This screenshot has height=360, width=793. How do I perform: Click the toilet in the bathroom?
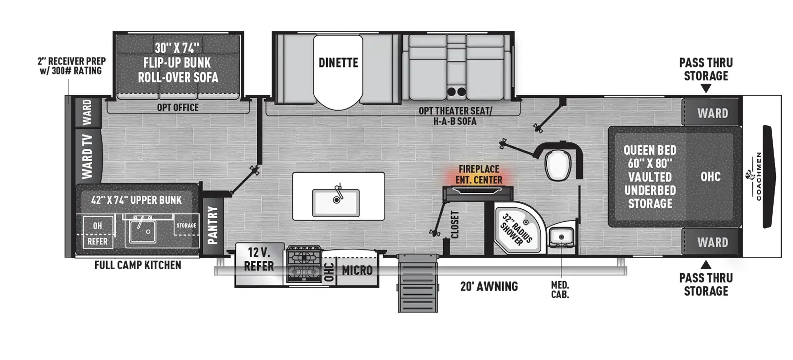(558, 165)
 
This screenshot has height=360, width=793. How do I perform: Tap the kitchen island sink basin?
(336, 203)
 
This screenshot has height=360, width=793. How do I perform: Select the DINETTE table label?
(338, 62)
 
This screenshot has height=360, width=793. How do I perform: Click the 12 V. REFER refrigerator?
(260, 264)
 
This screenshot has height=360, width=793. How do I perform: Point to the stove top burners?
(304, 264)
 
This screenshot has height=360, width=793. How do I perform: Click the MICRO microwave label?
(357, 270)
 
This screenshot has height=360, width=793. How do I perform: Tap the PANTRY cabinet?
(213, 226)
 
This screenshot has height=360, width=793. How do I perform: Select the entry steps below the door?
(418, 283)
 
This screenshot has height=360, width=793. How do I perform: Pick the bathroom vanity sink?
(561, 237)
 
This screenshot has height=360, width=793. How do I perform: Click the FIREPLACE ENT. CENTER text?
(479, 175)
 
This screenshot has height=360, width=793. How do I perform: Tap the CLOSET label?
(455, 224)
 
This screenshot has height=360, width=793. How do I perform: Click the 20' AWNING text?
(489, 286)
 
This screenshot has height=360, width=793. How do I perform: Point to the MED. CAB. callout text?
(560, 290)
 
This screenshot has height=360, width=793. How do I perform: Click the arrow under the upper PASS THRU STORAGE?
(706, 88)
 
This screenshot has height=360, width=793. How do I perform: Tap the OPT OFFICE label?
(178, 108)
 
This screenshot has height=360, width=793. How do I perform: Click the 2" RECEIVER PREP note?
(71, 66)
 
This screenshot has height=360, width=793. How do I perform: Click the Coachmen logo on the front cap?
(755, 176)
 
